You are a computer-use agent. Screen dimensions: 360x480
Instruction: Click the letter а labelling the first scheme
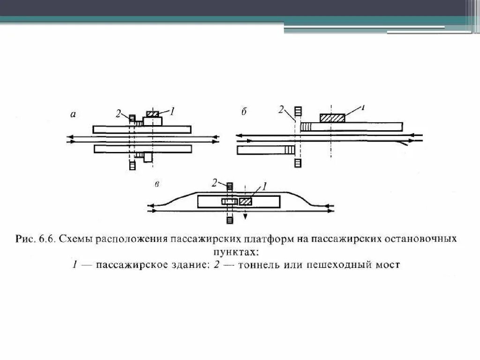point(73,113)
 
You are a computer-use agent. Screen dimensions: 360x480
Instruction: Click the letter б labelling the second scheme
point(244,112)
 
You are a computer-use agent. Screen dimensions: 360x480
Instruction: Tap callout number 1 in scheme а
point(172,111)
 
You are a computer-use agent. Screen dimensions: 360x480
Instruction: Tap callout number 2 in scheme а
point(119,113)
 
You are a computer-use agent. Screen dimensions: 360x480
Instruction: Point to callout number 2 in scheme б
point(281,110)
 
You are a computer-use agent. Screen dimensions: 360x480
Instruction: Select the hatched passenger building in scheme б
point(332,118)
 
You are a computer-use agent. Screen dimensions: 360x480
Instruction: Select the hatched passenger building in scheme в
point(245,201)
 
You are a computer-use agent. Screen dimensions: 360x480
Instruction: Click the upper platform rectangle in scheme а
point(142,129)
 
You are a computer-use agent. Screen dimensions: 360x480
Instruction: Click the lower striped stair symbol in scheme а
point(132,165)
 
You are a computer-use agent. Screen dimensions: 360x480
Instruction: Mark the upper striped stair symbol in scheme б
point(297,112)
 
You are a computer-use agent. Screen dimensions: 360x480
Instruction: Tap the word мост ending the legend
point(389,265)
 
